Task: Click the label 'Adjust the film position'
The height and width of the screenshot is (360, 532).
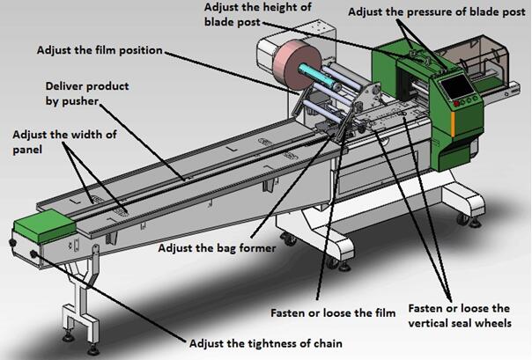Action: [x=99, y=49]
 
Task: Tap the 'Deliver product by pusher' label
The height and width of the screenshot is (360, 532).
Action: [x=89, y=96]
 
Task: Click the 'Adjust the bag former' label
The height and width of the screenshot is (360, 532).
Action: [x=217, y=248]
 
